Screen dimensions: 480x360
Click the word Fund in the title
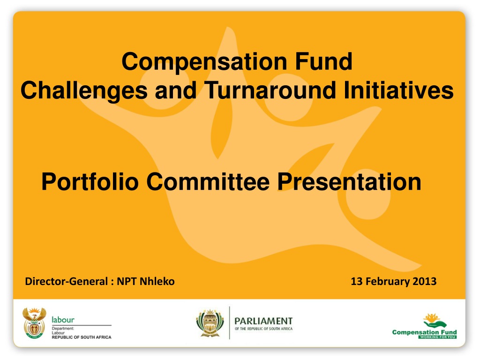pyautogui.click(x=323, y=61)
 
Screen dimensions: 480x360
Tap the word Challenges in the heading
pyautogui.click(x=84, y=90)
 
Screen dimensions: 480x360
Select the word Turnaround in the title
pyautogui.click(x=270, y=90)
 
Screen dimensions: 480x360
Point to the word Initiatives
pyautogui.click(x=398, y=90)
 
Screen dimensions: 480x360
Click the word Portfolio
pyautogui.click(x=90, y=182)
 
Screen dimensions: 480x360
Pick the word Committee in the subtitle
pyautogui.click(x=208, y=182)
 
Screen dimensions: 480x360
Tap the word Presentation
pyautogui.click(x=349, y=182)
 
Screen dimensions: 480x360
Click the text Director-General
pyautogui.click(x=67, y=281)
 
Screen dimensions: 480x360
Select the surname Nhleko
pyautogui.click(x=157, y=281)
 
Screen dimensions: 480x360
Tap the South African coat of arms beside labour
pyautogui.click(x=34, y=323)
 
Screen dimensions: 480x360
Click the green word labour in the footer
pyautogui.click(x=63, y=320)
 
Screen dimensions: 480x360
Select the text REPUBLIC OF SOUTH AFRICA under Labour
pyautogui.click(x=82, y=337)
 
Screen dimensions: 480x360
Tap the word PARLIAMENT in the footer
pyautogui.click(x=263, y=321)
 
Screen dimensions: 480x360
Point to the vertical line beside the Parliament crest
pyautogui.click(x=230, y=322)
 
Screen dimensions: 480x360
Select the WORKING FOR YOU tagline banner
pyautogui.click(x=437, y=337)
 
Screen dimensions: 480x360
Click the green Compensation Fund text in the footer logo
pyautogui.click(x=424, y=332)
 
